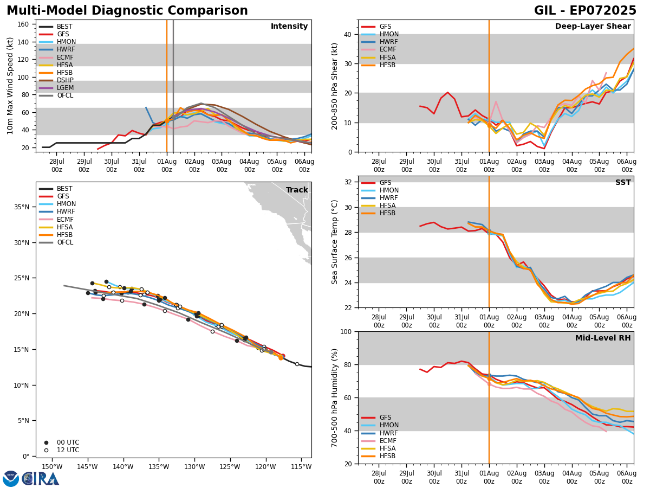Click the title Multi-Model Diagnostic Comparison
pos(127,11)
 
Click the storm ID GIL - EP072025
pos(585,11)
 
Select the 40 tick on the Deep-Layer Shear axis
pos(348,34)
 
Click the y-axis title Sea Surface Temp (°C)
pos(335,242)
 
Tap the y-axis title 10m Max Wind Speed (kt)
pos(11,86)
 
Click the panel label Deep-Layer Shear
pos(593,27)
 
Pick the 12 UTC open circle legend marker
pos(46,450)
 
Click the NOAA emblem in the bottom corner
pos(11,478)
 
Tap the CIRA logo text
pos(41,478)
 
